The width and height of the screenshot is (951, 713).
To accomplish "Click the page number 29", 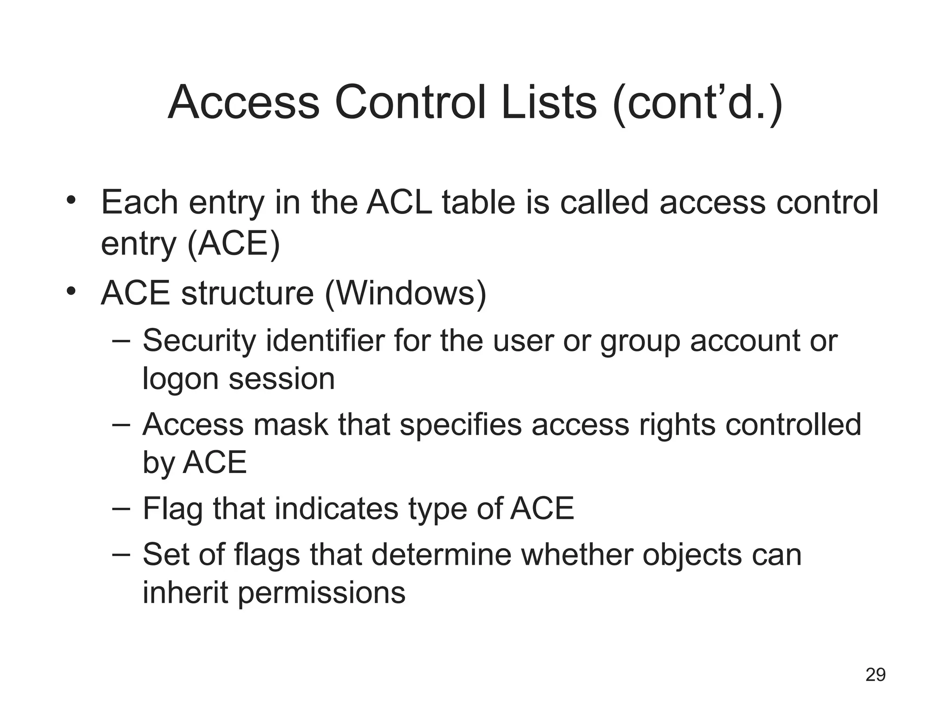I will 875,674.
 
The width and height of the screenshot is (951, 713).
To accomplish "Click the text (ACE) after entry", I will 234,243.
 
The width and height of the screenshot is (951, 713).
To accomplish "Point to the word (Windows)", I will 405,293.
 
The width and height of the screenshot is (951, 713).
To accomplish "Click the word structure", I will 248,293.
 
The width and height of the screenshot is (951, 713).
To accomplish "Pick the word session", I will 282,379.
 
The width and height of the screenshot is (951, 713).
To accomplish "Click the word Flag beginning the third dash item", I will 173,509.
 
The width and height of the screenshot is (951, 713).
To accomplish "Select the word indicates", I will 336,508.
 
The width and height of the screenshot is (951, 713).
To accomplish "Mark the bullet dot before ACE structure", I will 71,292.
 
